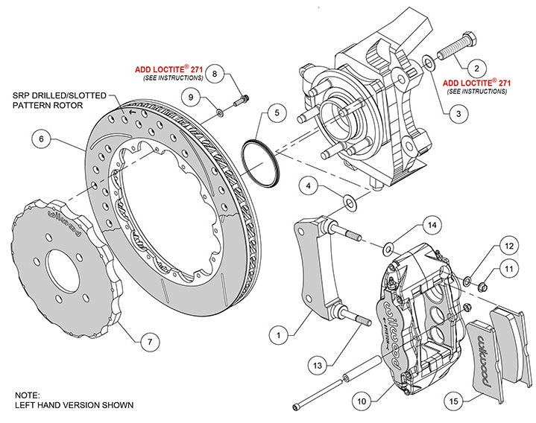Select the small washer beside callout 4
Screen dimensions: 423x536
[349, 201]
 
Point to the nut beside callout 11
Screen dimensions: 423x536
[482, 284]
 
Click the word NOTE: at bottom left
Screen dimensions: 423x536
[28, 395]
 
